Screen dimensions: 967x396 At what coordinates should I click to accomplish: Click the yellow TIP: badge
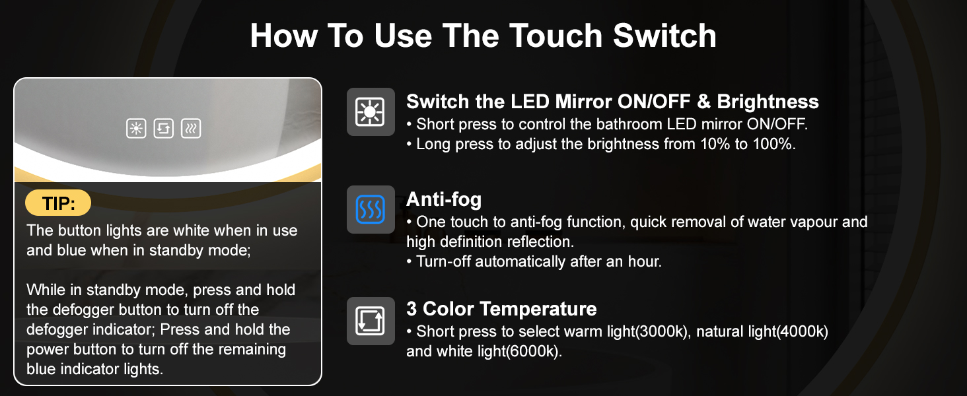point(58,203)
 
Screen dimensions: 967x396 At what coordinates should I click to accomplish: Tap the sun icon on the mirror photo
point(136,128)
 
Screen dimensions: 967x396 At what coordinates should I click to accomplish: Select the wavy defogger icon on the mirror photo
point(191,128)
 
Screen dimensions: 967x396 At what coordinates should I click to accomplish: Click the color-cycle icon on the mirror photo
point(164,128)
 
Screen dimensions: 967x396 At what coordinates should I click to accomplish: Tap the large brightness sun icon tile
point(371,112)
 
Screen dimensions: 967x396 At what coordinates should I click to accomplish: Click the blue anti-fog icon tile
point(371,210)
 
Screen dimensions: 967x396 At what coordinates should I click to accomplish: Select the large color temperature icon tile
point(371,321)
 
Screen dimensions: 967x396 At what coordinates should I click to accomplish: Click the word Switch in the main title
point(664,36)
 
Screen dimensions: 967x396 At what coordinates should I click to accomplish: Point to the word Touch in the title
point(555,36)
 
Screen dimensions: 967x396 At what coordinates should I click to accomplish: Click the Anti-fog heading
point(444,199)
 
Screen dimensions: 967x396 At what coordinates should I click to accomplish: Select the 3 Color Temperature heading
point(501,309)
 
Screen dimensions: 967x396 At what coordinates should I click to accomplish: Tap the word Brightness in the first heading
point(768,102)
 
